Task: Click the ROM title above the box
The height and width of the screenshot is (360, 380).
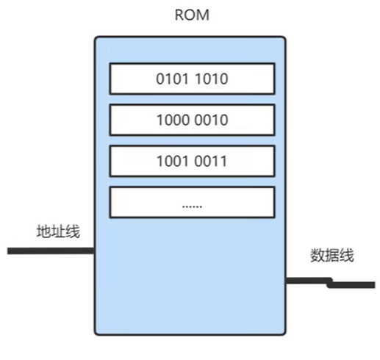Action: [192, 15]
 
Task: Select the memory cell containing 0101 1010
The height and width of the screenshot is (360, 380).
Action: [192, 79]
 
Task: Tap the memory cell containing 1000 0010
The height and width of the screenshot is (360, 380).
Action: [192, 120]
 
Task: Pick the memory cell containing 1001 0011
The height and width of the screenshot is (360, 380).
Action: [192, 161]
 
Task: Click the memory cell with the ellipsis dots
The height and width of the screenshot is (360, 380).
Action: [192, 202]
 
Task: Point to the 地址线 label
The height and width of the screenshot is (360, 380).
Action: [58, 231]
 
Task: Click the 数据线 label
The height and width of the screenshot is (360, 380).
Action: [332, 256]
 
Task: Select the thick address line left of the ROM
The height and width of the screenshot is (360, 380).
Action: [51, 251]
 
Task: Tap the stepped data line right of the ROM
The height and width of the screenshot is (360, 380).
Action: [330, 283]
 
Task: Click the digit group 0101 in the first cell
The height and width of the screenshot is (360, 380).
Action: [173, 79]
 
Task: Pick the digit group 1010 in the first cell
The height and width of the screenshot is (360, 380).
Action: [212, 79]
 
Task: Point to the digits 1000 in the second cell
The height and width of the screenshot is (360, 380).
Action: [173, 120]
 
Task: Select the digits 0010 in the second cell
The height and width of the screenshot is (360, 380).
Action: [211, 120]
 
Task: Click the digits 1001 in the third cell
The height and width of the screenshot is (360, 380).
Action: [173, 161]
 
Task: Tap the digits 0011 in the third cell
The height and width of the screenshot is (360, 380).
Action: [211, 161]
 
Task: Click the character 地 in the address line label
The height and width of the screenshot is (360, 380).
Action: [44, 231]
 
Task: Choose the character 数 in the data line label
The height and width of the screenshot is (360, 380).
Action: [318, 256]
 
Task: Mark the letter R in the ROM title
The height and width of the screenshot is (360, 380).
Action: [179, 15]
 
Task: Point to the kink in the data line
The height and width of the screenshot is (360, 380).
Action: [330, 283]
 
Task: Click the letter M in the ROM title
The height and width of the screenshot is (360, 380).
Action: [204, 15]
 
